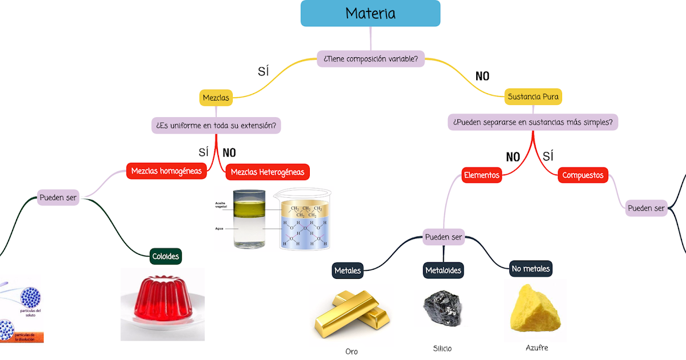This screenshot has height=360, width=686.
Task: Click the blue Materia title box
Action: tap(370, 13)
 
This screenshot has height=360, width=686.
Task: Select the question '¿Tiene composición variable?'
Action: tap(370, 58)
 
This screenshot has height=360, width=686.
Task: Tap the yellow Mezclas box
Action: tap(216, 98)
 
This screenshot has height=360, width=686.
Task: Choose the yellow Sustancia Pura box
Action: tap(533, 97)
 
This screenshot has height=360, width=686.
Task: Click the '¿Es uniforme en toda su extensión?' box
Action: tap(216, 125)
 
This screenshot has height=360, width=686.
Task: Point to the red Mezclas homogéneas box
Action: tap(166, 171)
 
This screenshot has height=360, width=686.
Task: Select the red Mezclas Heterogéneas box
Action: tap(268, 172)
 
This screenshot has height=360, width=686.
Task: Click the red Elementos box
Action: tap(481, 175)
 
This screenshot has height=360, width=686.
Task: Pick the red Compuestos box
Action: tap(583, 175)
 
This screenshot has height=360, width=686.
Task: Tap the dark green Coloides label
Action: tap(165, 257)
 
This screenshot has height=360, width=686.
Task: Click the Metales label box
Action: tap(348, 270)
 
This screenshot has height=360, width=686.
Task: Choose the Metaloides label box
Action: tap(443, 270)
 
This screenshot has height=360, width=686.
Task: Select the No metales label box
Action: tap(531, 268)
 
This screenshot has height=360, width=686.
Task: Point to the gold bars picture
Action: tap(352, 314)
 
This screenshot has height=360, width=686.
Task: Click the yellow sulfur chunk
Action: tap(535, 309)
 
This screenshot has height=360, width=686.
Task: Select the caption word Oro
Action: tap(352, 351)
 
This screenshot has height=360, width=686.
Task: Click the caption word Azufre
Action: tap(537, 347)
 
